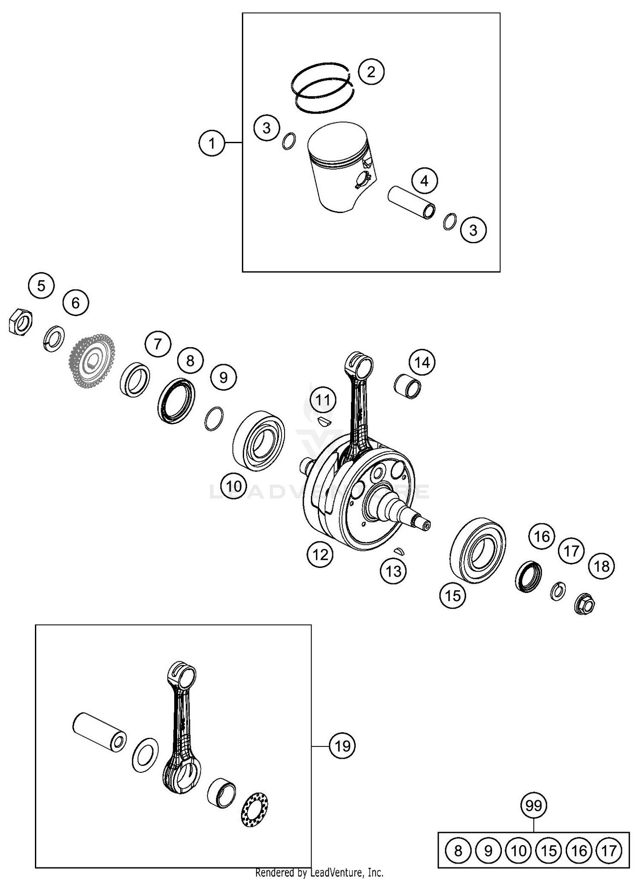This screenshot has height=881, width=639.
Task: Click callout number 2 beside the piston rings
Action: click(x=371, y=71)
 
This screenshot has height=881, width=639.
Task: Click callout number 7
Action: click(x=158, y=344)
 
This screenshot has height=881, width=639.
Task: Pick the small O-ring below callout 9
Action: click(x=214, y=418)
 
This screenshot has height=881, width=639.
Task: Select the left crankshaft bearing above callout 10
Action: click(x=259, y=440)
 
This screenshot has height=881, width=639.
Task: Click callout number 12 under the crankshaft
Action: click(x=320, y=554)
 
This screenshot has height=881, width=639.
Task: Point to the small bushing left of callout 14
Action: click(x=407, y=386)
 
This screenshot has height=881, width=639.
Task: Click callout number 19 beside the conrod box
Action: click(x=342, y=746)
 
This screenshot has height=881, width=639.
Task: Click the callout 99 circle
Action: click(x=533, y=806)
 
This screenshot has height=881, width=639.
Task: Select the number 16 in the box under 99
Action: click(x=579, y=851)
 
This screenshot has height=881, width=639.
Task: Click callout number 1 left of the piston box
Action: click(x=212, y=143)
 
